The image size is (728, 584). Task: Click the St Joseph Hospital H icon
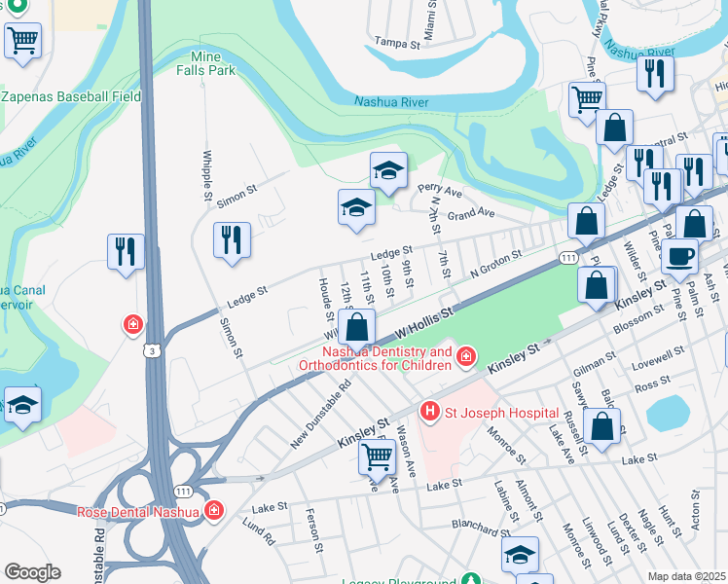click(431, 412)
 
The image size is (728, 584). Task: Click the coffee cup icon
click(679, 257)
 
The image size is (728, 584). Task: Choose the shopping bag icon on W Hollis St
click(357, 327)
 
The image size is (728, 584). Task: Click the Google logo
click(32, 572)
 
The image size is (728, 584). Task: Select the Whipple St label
click(207, 175)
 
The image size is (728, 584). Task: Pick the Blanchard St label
click(479, 524)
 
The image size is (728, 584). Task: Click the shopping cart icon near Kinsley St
click(377, 456)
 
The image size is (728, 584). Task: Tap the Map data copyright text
click(686, 576)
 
